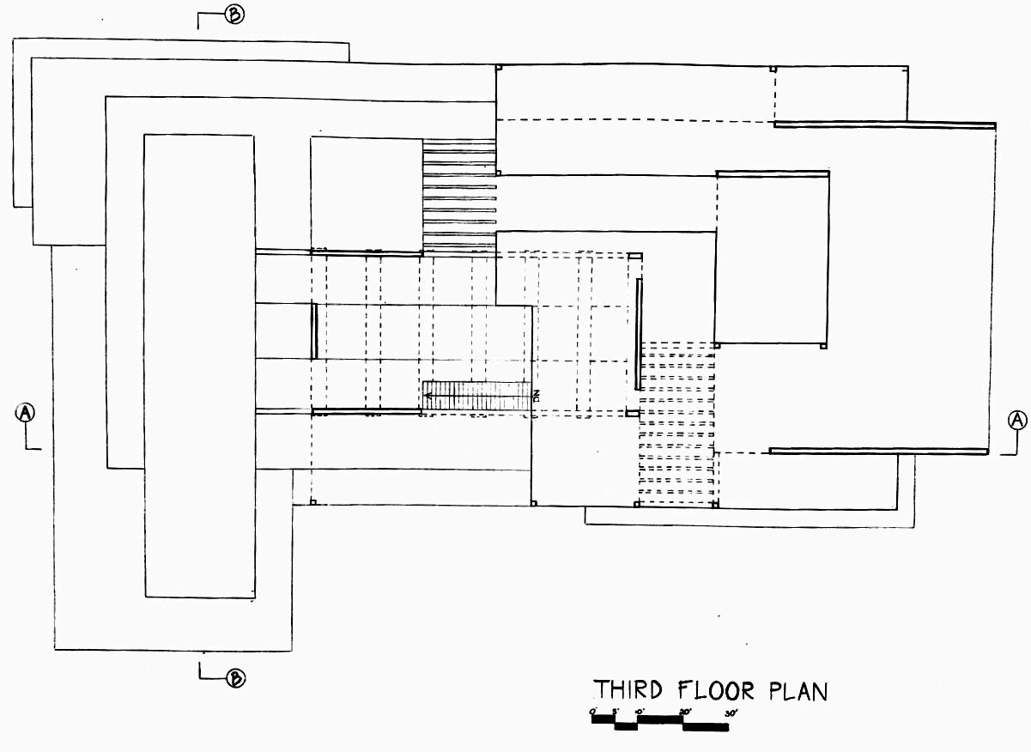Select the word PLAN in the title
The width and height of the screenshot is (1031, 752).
coord(798,690)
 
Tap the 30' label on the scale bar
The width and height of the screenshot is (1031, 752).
coord(731,713)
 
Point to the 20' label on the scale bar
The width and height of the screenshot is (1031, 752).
coord(685,713)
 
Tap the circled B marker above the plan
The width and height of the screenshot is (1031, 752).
coord(233,15)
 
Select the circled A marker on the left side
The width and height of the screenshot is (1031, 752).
coord(27,413)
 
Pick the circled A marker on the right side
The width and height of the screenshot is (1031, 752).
coord(1017,420)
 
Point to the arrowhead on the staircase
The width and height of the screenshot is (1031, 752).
coord(427,396)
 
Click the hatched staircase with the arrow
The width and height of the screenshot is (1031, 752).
coord(476,396)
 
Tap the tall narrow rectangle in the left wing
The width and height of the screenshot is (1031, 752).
coord(199,365)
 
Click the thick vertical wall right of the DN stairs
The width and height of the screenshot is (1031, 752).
coord(638,333)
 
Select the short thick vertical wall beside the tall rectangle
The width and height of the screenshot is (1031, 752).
coord(315,331)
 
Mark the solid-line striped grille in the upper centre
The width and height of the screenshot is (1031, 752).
coord(459,197)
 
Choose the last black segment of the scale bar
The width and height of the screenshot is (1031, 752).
coord(706,727)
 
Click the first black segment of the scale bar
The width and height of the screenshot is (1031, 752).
coord(603,720)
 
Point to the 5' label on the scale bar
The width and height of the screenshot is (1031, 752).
coord(616,713)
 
